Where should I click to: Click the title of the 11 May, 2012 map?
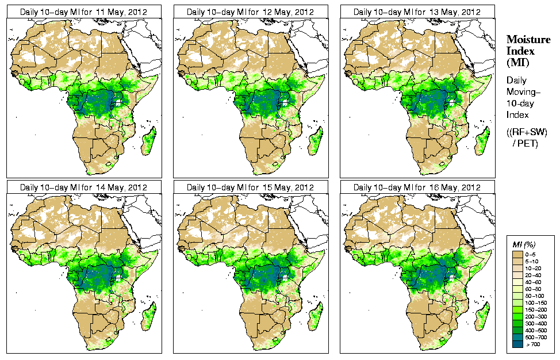pos(84,12)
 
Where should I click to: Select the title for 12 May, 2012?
pos(251,12)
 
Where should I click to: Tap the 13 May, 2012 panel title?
pos(417,12)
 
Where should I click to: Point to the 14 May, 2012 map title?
pos(84,187)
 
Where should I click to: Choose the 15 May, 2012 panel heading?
pos(251,187)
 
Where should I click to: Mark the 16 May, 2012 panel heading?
pos(417,187)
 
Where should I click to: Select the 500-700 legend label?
pos(535,337)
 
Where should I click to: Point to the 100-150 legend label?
pos(535,302)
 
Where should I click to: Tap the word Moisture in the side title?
pos(528,39)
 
